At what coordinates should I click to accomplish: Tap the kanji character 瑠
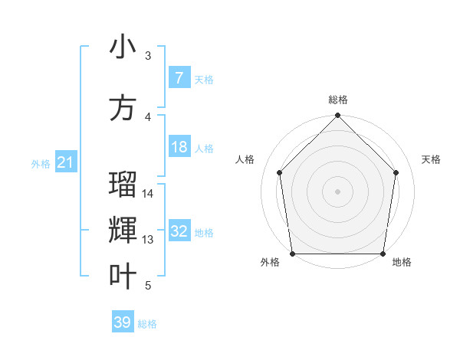coord(123,185)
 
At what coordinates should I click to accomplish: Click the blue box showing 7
coord(179,78)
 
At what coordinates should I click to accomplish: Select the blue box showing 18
coord(179,147)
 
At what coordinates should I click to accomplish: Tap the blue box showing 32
coord(179,231)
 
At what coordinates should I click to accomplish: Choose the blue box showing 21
coord(65,162)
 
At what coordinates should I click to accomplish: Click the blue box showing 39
coord(123,322)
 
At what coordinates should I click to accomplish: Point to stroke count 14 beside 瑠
coord(148,194)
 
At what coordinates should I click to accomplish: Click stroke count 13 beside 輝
coord(148,240)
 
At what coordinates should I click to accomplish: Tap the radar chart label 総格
coord(338,100)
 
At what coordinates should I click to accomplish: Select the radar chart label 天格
coord(431,159)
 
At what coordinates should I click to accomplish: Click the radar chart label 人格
coord(245,159)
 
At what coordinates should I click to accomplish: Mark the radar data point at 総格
coord(337,116)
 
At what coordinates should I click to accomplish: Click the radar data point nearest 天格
coord(396,172)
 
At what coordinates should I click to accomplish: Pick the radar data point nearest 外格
coord(293,254)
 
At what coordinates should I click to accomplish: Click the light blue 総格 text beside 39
coord(147,324)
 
